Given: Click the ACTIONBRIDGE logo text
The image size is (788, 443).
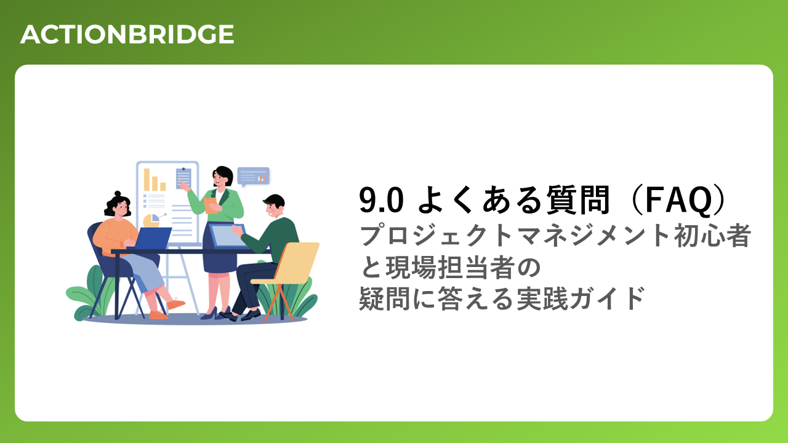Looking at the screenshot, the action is coord(127,34).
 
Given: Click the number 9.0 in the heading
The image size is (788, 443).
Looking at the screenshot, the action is coord(381,200).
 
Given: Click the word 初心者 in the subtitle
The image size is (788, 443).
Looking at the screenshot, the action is coord(713,236).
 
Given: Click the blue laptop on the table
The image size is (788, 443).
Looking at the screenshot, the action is coord(153,238).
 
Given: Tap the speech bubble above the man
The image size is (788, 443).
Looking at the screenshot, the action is coord(254,177).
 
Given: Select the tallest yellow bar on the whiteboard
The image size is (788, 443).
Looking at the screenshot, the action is coord(147,180).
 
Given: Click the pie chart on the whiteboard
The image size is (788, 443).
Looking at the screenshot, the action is coord(151,220).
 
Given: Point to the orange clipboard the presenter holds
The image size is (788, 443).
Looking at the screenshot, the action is coord(211,206).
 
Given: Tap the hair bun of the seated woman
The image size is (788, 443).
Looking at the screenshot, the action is coord(118,194).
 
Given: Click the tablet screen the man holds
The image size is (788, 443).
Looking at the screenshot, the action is coord(227,236).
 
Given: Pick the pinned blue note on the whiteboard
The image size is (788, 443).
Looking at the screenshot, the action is coord(183,178).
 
